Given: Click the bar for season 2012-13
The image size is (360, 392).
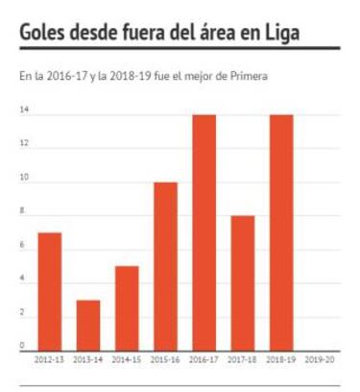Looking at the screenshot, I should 49,289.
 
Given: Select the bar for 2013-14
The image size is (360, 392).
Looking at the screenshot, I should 88,324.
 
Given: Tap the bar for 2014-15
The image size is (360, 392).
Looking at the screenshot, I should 127,306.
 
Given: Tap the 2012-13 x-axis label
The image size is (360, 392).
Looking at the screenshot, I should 49,361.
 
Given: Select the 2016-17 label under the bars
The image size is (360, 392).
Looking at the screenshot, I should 204,361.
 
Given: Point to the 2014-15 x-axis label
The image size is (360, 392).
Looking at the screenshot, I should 127,361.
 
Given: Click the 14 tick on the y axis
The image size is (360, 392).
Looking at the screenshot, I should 24,110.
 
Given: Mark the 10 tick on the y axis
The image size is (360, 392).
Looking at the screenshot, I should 24,178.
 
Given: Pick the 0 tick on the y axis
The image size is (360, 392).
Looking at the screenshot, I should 22,345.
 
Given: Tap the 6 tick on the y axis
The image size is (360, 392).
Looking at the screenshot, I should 22,245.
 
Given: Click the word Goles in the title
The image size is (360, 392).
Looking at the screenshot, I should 44,33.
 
